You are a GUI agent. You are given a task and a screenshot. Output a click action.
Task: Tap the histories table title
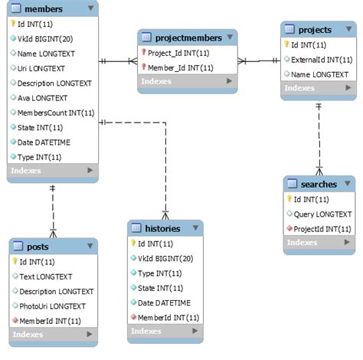[162, 228]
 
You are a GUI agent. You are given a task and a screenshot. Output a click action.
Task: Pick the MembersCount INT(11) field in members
[55, 113]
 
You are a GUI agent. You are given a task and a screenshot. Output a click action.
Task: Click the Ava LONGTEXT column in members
[42, 98]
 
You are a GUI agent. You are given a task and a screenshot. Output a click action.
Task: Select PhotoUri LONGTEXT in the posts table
[52, 306]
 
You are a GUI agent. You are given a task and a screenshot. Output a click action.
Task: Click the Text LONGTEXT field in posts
[46, 277]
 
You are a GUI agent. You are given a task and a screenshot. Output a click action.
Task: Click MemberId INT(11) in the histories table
[168, 317]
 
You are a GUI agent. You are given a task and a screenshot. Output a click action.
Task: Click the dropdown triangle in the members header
[90, 8]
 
